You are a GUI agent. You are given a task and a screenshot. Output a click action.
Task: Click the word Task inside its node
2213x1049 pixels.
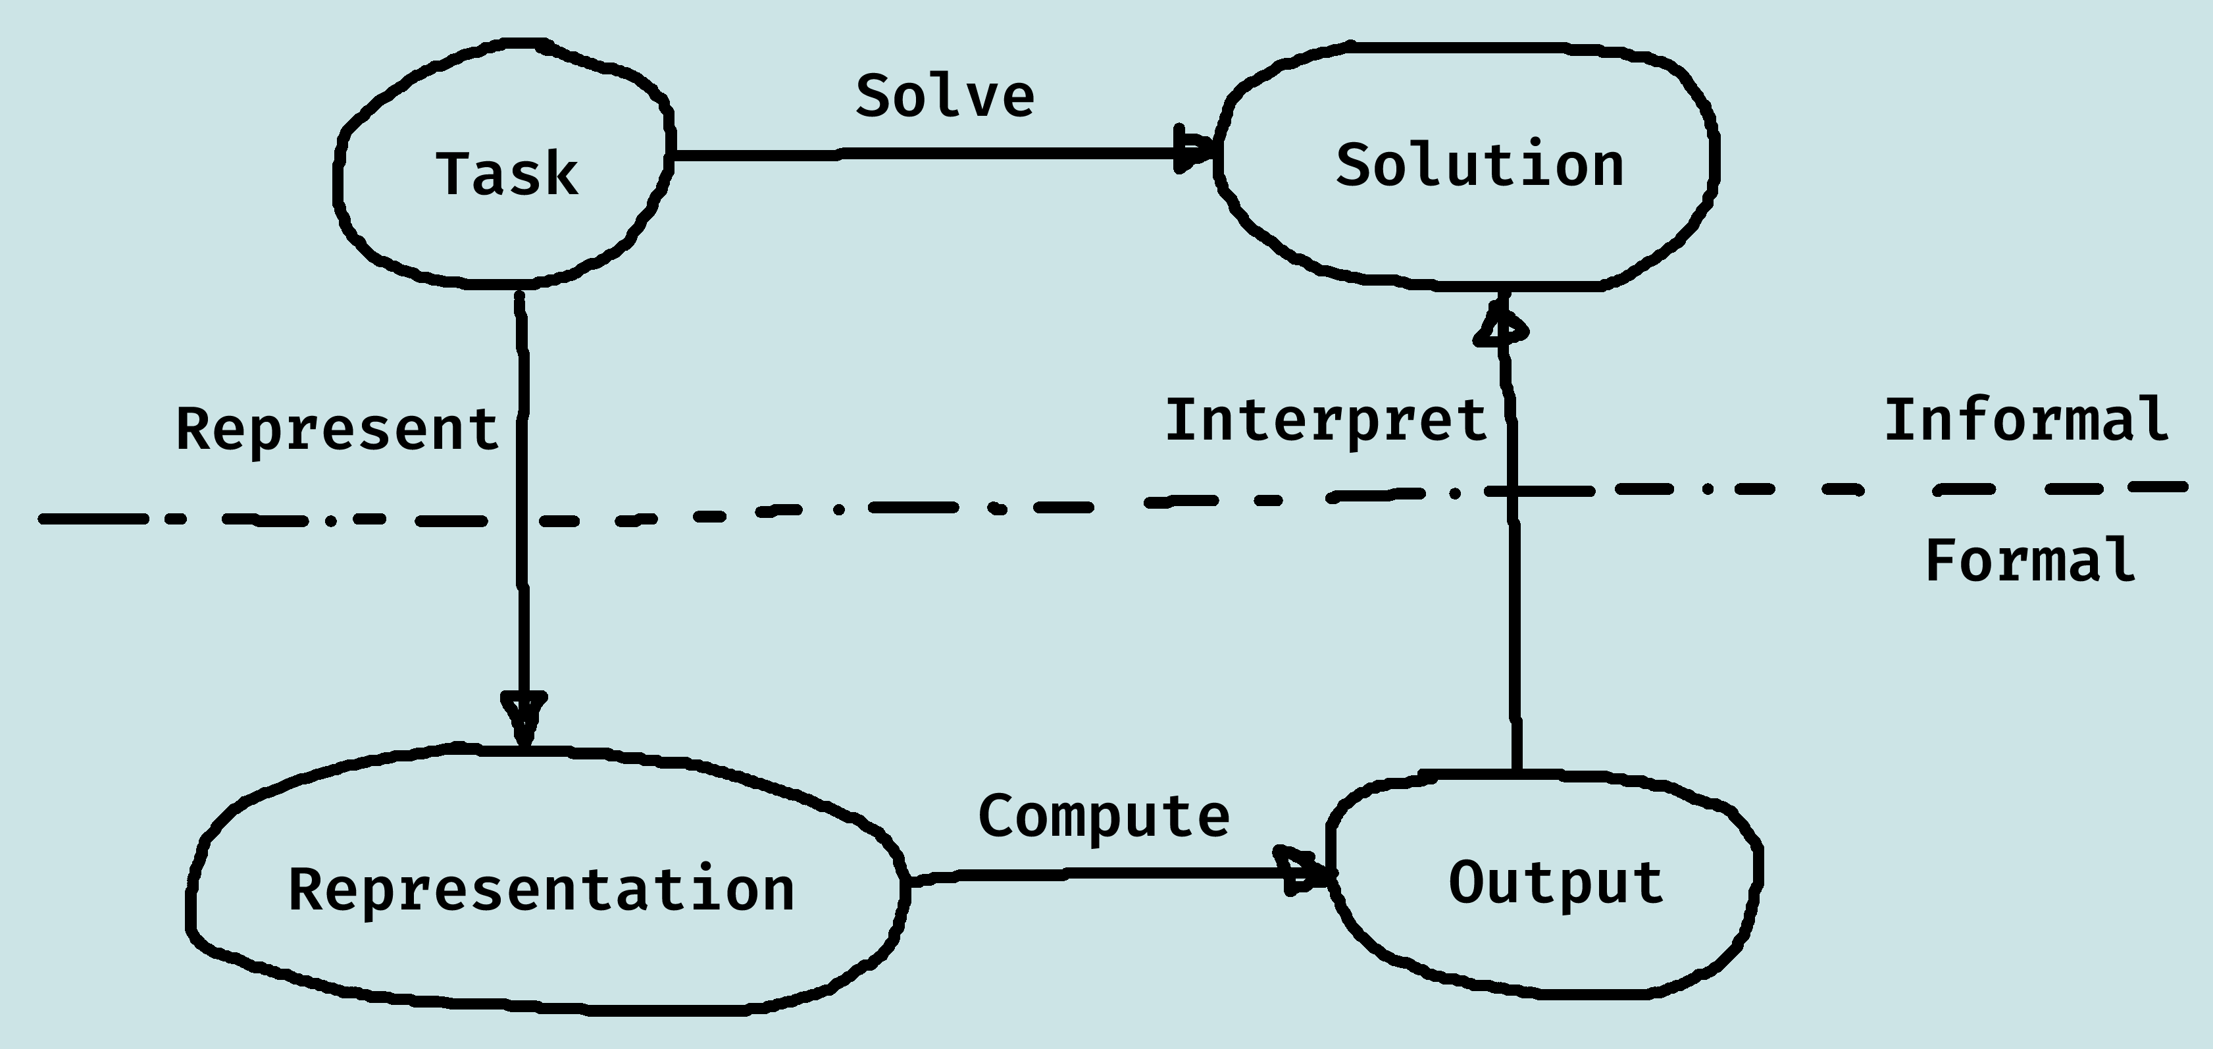(507, 174)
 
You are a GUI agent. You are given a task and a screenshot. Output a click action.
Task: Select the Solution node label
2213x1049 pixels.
(1479, 165)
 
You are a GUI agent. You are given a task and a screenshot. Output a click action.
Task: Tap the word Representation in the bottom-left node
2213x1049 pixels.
(541, 890)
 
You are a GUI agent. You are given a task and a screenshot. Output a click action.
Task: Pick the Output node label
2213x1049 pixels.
(1556, 883)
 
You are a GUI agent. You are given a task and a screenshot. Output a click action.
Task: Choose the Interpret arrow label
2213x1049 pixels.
(1325, 421)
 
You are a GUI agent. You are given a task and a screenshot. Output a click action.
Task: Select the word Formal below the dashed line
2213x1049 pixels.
(2030, 560)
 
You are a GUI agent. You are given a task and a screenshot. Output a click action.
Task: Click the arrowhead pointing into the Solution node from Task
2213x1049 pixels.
(1195, 152)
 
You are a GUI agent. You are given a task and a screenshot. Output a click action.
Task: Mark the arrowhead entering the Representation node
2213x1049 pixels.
(524, 718)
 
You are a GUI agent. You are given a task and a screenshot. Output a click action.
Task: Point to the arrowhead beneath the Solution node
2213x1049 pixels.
(1502, 324)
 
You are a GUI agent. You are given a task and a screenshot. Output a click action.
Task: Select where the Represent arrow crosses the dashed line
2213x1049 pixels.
(521, 520)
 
